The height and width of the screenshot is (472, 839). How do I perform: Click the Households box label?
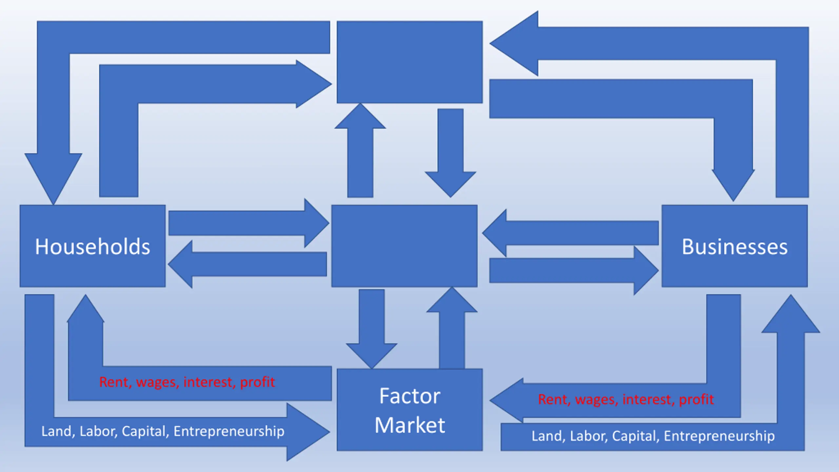click(92, 246)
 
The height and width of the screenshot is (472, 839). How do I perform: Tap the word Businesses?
click(735, 246)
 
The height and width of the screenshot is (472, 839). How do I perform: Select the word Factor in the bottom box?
click(410, 396)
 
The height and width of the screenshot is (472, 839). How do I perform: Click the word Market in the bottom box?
click(410, 425)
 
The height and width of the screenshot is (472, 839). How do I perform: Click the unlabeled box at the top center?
click(410, 62)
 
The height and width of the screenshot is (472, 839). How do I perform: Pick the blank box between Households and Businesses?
click(404, 246)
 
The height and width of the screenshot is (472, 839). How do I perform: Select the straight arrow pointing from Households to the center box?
click(249, 223)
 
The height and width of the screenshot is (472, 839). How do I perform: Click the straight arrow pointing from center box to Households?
click(247, 264)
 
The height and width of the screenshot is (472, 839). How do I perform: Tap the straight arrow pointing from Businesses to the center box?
click(570, 233)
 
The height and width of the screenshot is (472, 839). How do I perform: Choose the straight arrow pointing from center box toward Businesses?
click(574, 271)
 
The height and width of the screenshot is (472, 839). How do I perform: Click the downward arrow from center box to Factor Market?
click(372, 329)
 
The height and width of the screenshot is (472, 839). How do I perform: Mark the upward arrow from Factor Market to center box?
click(452, 328)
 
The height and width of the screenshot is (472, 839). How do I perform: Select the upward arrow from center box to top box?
click(360, 150)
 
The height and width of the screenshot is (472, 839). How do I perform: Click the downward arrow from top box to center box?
click(451, 153)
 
